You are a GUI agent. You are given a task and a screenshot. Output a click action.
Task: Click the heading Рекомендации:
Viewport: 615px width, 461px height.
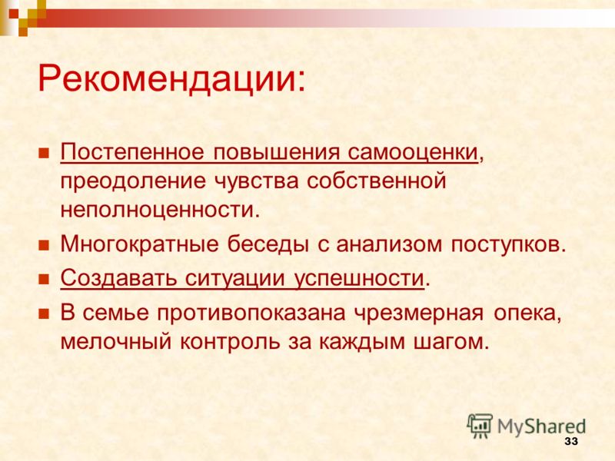click(x=171, y=79)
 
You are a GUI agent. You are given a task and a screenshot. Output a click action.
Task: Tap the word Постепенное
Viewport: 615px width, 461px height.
click(x=132, y=151)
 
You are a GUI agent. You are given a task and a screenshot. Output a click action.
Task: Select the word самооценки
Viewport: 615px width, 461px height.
click(x=413, y=151)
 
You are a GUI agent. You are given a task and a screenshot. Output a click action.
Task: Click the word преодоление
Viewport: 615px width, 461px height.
click(x=133, y=181)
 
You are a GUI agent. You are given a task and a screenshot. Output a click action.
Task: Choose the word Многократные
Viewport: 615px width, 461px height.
click(x=139, y=244)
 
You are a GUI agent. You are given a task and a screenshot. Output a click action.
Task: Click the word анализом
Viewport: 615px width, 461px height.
click(x=389, y=244)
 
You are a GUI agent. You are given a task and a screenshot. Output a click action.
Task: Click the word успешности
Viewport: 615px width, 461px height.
click(x=359, y=278)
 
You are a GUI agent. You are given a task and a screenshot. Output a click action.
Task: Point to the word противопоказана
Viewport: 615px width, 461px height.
click(x=251, y=313)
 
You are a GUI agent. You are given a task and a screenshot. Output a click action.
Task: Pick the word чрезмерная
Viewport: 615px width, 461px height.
click(x=418, y=313)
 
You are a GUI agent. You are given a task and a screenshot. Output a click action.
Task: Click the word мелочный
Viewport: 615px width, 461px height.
click(x=116, y=342)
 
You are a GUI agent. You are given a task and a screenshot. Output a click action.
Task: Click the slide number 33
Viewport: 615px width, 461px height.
click(x=571, y=441)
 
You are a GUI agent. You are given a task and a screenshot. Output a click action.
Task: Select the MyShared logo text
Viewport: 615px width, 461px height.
click(x=541, y=426)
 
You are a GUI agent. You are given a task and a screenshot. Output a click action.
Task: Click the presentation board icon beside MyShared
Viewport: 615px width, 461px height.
click(x=480, y=426)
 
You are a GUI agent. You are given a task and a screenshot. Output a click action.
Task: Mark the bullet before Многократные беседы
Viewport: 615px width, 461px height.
click(x=44, y=245)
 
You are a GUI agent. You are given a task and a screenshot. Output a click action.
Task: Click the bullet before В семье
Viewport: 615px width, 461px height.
click(x=44, y=314)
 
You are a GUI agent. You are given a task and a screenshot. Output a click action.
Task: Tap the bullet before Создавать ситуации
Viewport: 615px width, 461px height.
click(x=44, y=279)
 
